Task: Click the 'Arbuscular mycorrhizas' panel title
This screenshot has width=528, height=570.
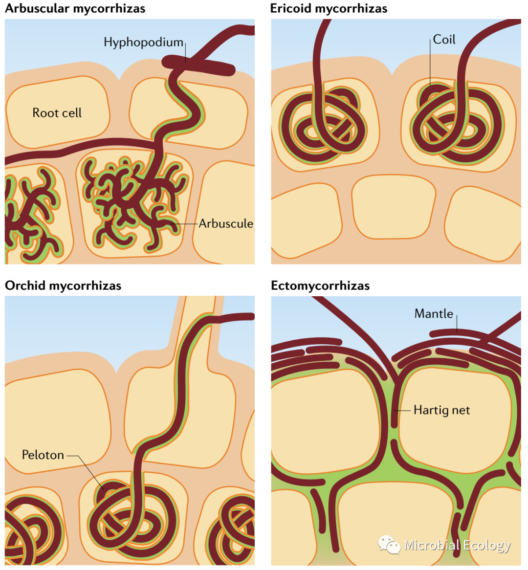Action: (75, 8)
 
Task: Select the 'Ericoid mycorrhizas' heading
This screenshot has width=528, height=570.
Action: (329, 8)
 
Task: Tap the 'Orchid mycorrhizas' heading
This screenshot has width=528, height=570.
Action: (63, 285)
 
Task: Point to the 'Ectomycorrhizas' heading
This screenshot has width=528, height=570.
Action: (320, 285)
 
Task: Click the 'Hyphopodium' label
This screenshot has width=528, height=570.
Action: (143, 43)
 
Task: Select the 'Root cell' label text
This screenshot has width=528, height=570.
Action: (57, 113)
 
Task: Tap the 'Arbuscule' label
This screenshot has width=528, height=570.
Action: (226, 223)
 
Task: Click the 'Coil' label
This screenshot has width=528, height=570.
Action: (444, 40)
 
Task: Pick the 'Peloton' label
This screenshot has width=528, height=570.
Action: (43, 455)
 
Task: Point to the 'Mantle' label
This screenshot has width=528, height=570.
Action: (434, 314)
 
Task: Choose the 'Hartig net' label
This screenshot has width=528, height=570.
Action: (441, 410)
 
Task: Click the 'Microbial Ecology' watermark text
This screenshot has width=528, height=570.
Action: (457, 545)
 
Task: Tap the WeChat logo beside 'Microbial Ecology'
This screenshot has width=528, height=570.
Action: (389, 544)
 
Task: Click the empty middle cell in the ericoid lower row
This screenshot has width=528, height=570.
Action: (393, 206)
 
